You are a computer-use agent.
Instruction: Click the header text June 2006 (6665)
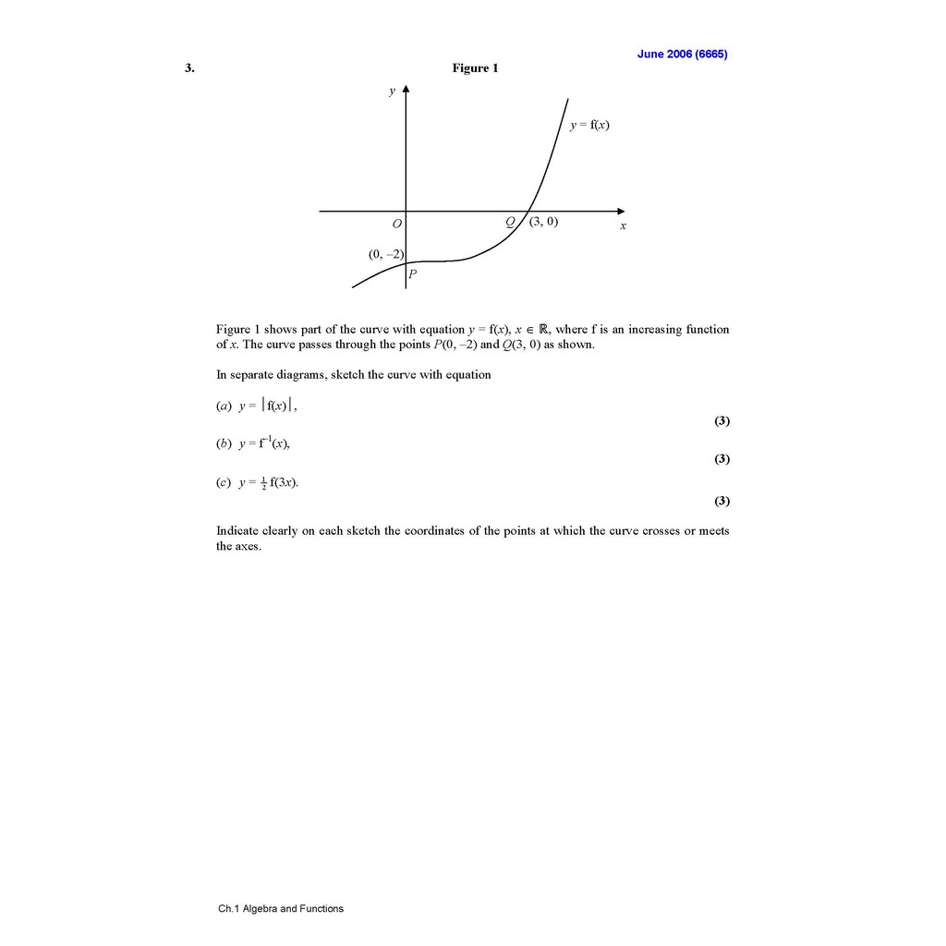click(x=682, y=54)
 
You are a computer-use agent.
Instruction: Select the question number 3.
click(x=189, y=68)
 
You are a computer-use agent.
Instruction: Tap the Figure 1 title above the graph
click(x=475, y=68)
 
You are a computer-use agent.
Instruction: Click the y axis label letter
click(x=392, y=91)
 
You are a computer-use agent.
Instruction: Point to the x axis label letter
click(x=623, y=225)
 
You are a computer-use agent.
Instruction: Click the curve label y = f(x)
click(x=589, y=126)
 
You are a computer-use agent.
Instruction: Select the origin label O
click(x=396, y=224)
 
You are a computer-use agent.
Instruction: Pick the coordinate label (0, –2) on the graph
click(x=385, y=254)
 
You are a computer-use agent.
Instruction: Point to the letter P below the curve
click(x=412, y=273)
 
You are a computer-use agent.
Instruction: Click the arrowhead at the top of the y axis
click(x=406, y=90)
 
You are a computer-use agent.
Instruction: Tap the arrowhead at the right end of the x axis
click(x=621, y=211)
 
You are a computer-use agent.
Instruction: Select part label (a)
click(x=224, y=406)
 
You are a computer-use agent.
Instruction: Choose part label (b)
click(x=224, y=443)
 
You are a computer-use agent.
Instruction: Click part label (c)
click(x=224, y=482)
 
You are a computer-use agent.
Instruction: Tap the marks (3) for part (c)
click(x=722, y=501)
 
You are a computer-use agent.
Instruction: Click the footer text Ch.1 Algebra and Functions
click(x=281, y=908)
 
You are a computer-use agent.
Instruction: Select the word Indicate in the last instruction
click(x=238, y=530)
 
